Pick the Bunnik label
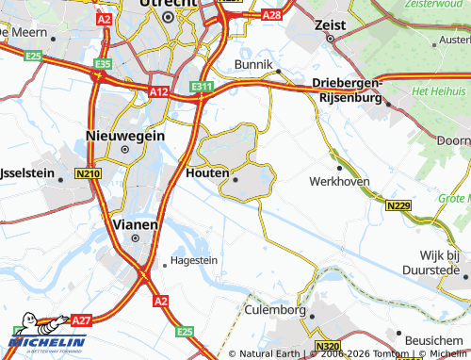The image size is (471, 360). click(251, 64)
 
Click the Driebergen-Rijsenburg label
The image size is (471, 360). click(348, 90)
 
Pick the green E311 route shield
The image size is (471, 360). click(201, 87)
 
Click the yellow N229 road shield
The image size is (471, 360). click(397, 204)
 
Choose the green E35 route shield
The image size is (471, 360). click(103, 63)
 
